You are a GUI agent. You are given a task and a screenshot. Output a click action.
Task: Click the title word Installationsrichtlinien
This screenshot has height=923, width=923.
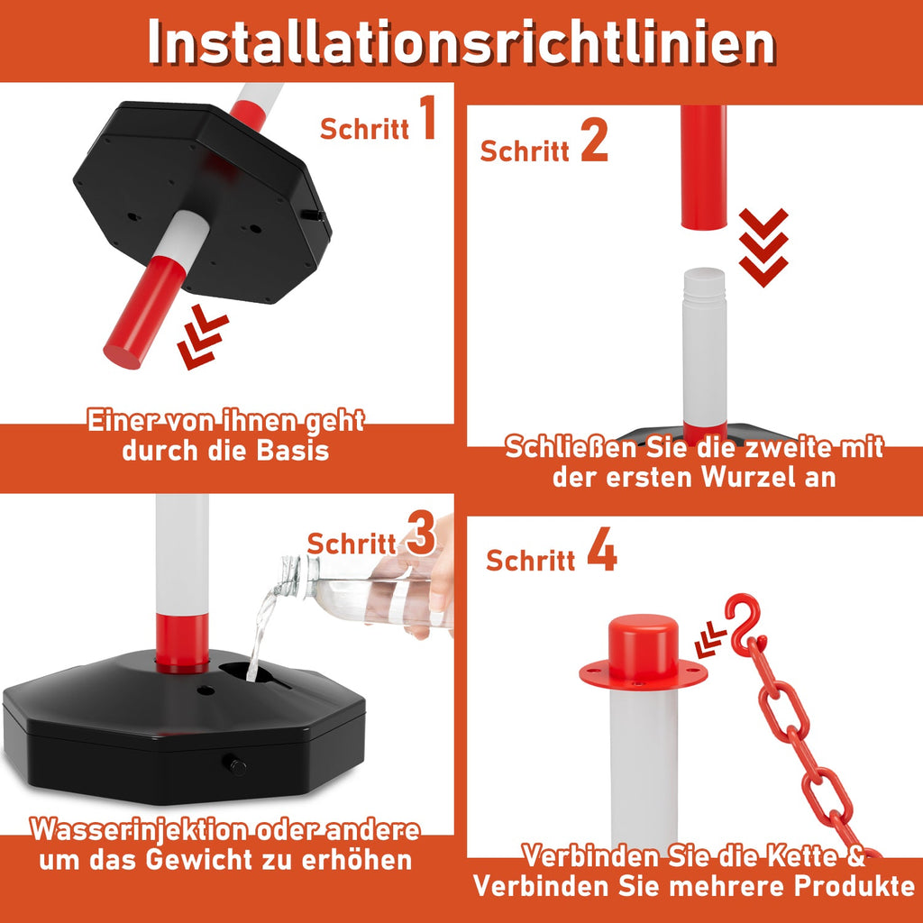click(461, 41)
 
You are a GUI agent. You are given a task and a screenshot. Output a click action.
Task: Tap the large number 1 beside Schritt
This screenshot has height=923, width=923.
click(425, 120)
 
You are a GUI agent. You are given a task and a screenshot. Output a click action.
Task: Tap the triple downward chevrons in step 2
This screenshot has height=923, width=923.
click(763, 247)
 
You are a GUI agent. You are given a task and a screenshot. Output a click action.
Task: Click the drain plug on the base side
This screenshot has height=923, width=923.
click(237, 767)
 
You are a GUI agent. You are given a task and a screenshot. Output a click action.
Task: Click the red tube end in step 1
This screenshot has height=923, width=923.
click(135, 315)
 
